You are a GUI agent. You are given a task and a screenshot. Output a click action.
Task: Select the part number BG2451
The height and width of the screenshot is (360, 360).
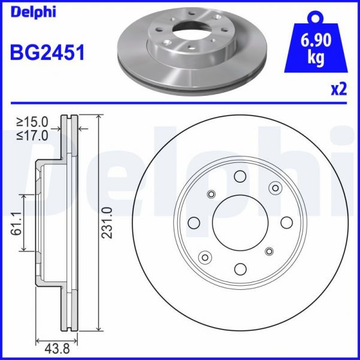point(47,53)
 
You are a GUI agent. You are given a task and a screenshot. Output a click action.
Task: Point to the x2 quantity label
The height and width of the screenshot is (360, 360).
point(339,89)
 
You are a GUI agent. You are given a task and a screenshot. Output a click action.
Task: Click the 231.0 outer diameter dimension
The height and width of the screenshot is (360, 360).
point(108,223)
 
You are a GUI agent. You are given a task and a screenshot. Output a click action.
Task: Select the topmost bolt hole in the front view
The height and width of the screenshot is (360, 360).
point(240,176)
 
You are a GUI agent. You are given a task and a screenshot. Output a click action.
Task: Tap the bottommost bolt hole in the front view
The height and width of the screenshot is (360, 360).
point(240,268)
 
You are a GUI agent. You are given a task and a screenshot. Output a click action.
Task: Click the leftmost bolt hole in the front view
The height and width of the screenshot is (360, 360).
point(193,222)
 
